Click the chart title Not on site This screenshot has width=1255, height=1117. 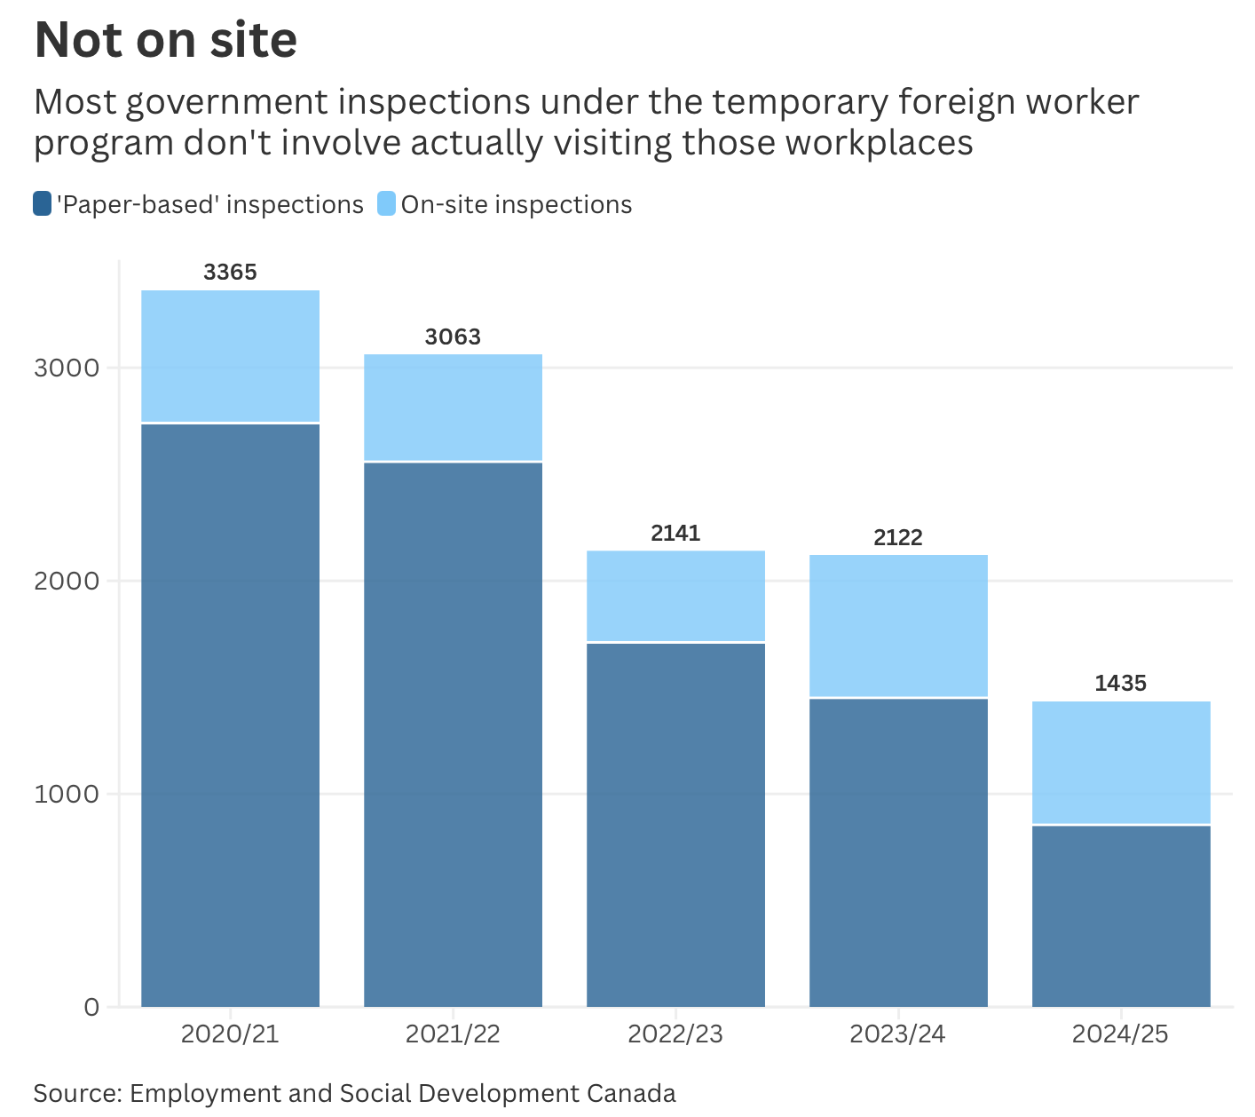165,40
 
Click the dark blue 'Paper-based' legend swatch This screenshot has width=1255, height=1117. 43,204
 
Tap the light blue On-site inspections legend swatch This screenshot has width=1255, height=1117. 386,204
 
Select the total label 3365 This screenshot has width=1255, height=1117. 230,273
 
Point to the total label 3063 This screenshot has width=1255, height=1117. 453,337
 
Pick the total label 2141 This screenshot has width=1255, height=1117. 675,534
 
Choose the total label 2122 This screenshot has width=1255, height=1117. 898,538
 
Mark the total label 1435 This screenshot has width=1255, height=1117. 1120,684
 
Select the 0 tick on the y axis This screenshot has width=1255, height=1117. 91,1007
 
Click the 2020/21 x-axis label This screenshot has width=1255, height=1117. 230,1034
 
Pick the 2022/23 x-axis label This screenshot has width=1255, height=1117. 675,1034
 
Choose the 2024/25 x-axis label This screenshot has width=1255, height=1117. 1120,1034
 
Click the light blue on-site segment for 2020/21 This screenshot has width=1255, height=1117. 231,356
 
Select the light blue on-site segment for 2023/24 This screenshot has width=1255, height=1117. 898,626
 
